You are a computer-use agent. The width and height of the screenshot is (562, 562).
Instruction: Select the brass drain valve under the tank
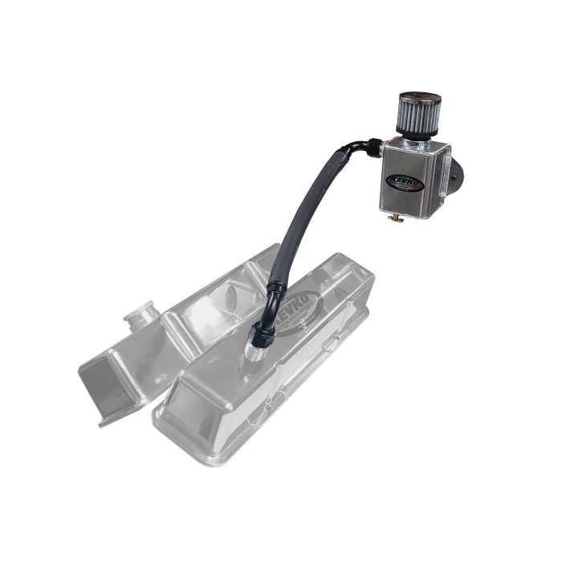(394, 218)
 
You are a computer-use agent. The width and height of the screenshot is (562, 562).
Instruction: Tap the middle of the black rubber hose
(308, 209)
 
